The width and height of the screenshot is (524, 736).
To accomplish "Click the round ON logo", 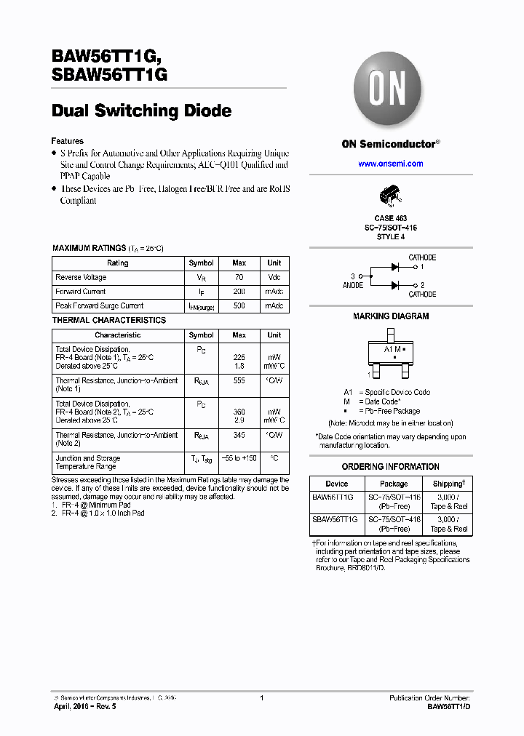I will (390, 90).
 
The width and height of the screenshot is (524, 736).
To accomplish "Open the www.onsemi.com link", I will (390, 164).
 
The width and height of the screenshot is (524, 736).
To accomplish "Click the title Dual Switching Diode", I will (141, 111).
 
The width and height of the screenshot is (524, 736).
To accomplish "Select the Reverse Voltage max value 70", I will (239, 277).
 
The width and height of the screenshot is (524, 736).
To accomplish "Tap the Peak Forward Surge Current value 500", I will (239, 306).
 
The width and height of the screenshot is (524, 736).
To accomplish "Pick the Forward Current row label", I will (80, 292).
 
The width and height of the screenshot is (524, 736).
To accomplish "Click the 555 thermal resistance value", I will (239, 380).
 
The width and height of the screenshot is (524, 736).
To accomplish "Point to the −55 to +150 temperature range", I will (239, 459).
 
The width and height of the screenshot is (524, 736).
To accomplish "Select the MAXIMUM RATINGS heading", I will (90, 248).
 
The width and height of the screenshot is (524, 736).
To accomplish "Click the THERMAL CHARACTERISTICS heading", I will (109, 320).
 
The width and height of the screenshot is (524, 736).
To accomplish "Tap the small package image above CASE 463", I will (390, 196).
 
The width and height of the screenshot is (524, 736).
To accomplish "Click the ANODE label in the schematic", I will (353, 286).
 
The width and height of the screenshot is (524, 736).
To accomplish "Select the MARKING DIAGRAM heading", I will (391, 316).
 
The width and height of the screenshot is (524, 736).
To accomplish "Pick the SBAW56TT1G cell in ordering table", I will (335, 519).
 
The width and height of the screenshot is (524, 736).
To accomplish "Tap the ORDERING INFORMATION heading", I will (391, 467).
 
